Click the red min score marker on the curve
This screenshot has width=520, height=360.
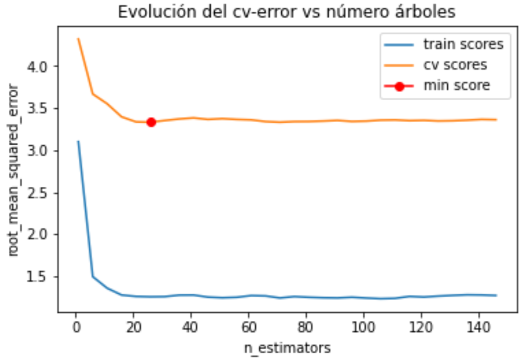151,122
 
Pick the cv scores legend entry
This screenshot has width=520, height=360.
455,65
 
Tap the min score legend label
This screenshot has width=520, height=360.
456,86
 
